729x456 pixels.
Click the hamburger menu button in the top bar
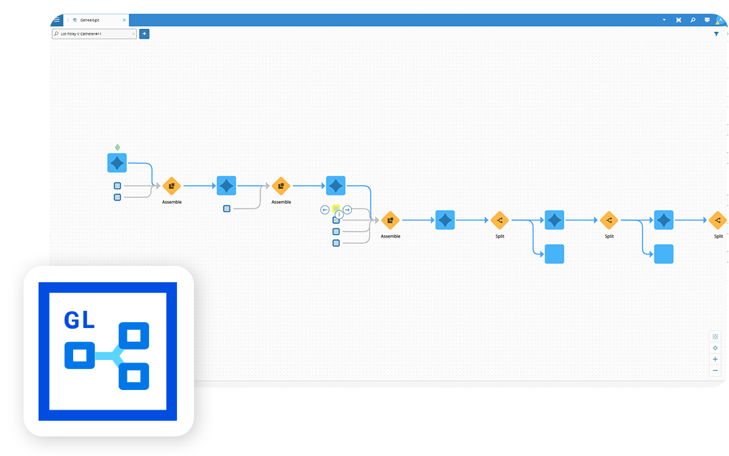(x=56, y=20)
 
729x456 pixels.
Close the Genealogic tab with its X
(x=124, y=20)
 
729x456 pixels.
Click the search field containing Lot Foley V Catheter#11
(x=94, y=34)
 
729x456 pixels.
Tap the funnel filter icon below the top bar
(x=716, y=34)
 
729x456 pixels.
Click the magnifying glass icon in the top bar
(x=692, y=20)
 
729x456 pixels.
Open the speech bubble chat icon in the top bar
(x=707, y=20)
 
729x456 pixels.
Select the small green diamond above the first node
(x=118, y=147)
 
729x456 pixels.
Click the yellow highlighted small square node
(x=336, y=209)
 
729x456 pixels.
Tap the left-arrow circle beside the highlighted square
(x=325, y=210)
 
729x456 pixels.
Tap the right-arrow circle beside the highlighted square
(x=348, y=210)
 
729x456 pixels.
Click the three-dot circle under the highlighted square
(x=339, y=214)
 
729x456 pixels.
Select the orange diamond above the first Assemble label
(x=171, y=186)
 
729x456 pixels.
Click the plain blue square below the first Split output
(x=554, y=254)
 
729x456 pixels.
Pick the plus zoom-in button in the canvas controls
(x=715, y=359)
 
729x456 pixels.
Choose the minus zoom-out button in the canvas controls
(x=715, y=370)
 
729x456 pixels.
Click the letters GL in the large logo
(x=79, y=320)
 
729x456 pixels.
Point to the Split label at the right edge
(x=718, y=236)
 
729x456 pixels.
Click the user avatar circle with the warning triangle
(x=721, y=20)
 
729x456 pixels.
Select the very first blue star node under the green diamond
(x=117, y=163)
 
